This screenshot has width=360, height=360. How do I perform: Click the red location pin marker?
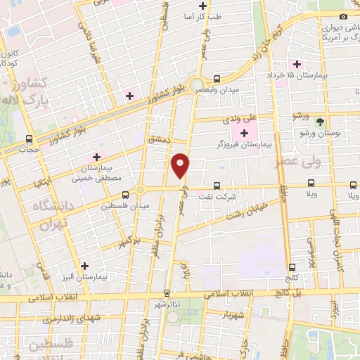point(181,165)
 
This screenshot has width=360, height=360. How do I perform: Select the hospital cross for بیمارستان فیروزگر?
point(245,133)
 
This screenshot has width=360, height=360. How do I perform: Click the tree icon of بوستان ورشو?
point(320,122)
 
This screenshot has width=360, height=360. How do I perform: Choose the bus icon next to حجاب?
point(29,138)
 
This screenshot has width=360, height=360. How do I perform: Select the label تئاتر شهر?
point(167,304)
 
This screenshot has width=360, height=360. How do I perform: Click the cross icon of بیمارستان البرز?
point(85,266)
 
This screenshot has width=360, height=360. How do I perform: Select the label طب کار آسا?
point(202,15)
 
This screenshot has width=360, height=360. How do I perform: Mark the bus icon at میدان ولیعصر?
point(217,79)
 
